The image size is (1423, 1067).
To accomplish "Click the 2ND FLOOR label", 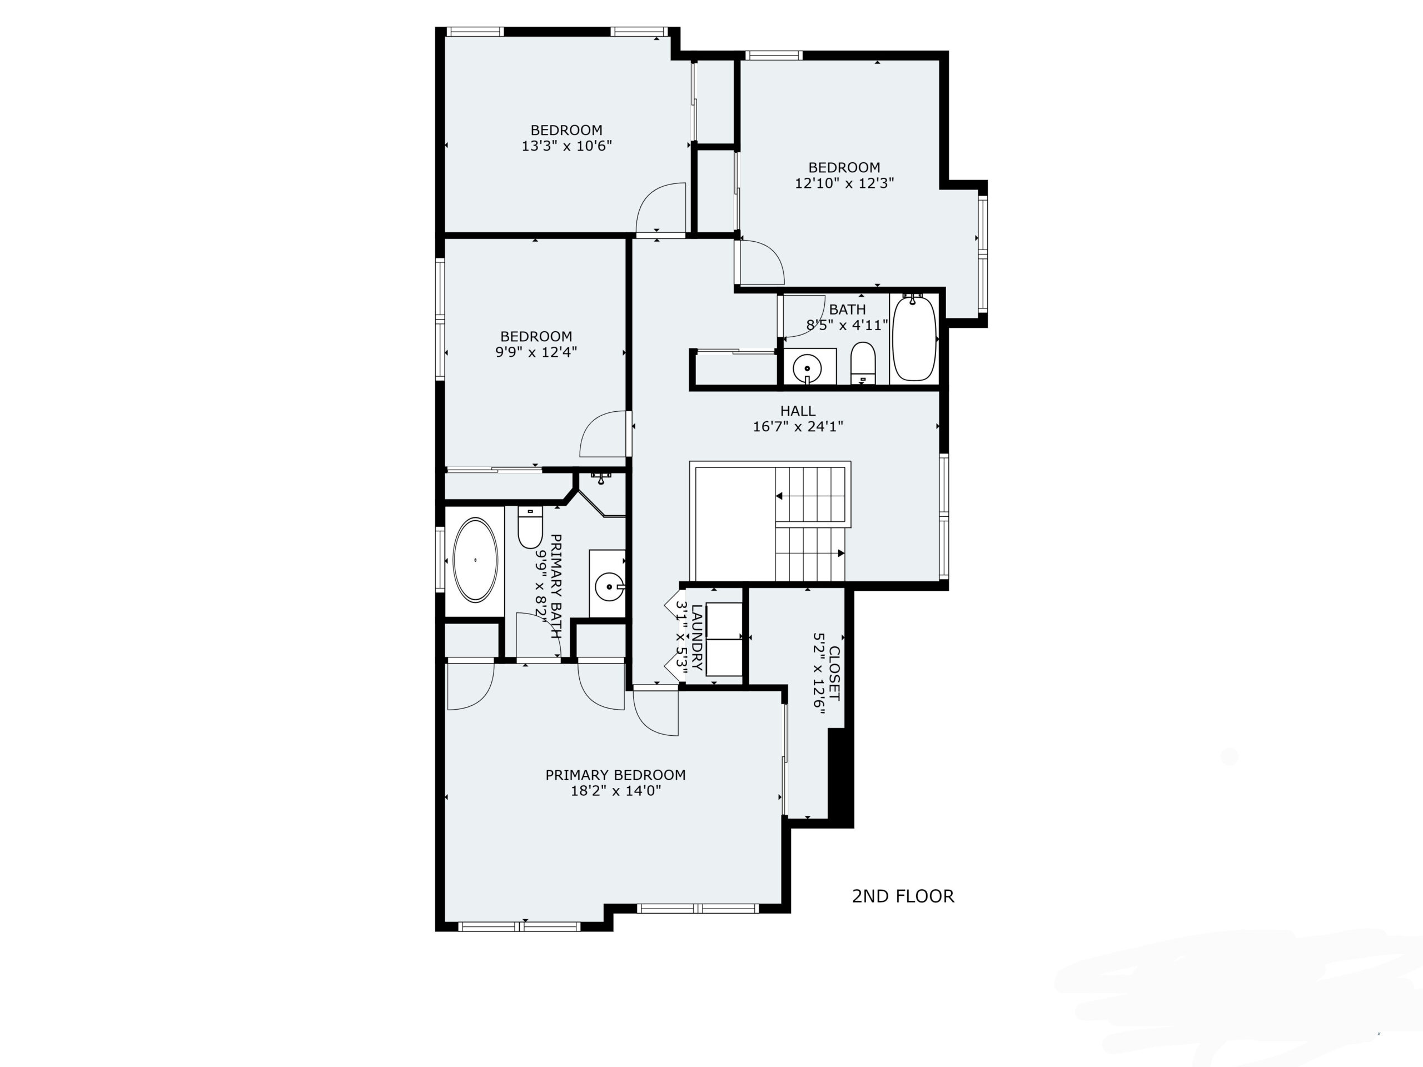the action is [903, 896].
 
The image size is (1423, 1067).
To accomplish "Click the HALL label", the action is [798, 410].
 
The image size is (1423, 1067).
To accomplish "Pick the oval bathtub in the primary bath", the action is [475, 560].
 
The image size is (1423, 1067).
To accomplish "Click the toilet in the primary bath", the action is [530, 527].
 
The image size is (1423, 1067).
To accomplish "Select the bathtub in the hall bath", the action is [913, 338].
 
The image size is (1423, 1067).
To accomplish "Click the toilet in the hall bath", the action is [863, 363].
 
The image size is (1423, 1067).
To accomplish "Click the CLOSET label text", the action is [834, 674].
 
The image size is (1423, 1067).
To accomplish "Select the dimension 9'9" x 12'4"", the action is [536, 352].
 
